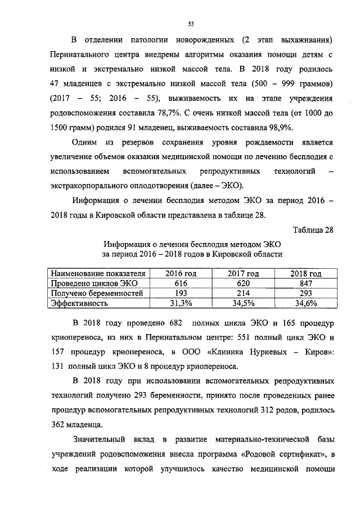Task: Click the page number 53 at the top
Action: point(191,24)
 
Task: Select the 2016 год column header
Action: point(181,274)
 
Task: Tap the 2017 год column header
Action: point(243,274)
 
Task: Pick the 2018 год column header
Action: point(305,274)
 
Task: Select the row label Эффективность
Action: point(79,303)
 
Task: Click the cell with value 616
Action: point(181,283)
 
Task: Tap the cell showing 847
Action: point(305,283)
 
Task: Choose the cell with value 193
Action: point(181,294)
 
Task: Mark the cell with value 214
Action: point(243,294)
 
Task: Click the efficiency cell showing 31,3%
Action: point(181,303)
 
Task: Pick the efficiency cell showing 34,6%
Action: point(305,303)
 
